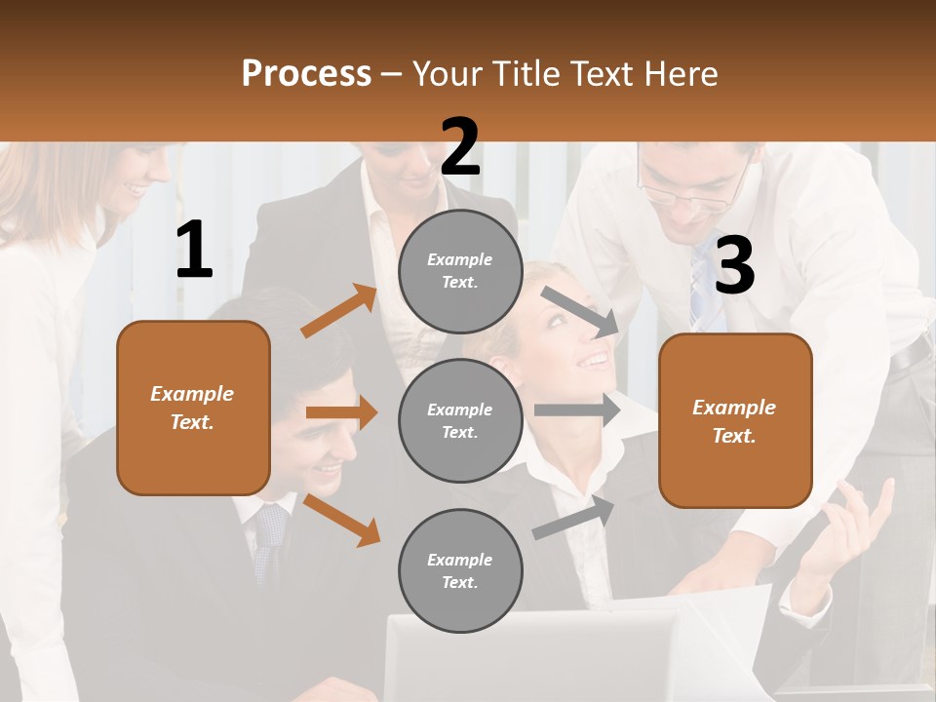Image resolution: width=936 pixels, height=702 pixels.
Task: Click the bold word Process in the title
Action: pos(306,73)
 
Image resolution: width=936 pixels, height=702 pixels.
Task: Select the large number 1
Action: pos(194,251)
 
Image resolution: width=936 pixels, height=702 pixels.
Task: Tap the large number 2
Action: pos(460,147)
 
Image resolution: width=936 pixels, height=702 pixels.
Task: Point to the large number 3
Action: pos(734,265)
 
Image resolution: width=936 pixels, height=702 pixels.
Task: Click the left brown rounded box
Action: pos(193,408)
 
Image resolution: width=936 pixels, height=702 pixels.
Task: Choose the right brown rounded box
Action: pos(735,420)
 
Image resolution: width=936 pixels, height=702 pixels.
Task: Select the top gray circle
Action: pos(460,271)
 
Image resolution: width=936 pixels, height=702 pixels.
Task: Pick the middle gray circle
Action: pos(460,420)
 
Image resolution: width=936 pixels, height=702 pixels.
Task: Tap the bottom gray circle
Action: pos(460,570)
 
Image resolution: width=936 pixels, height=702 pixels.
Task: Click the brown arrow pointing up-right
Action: pos(339,311)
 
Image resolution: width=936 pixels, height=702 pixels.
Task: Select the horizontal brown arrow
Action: pos(341,412)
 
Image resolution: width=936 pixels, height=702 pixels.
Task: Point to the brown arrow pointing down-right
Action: pos(341,521)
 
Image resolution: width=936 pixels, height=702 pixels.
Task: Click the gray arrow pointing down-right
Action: pos(579,311)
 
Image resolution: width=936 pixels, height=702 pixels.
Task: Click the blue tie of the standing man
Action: pos(701,283)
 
